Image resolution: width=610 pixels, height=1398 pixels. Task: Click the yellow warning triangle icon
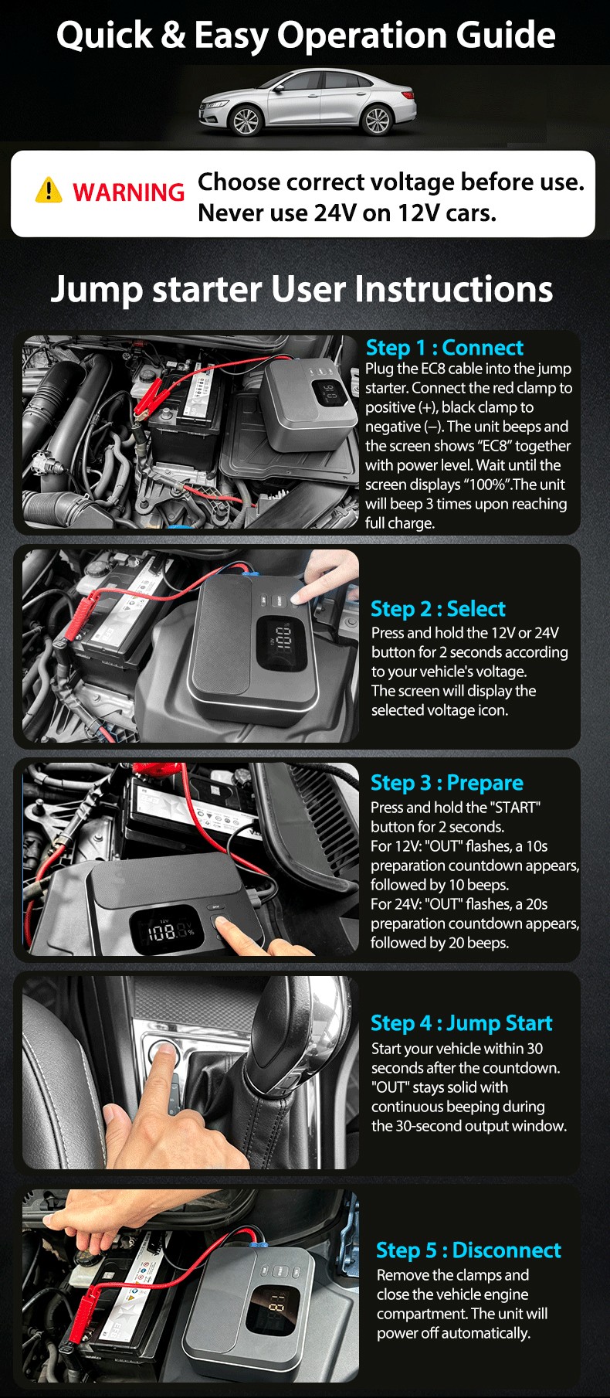(49, 190)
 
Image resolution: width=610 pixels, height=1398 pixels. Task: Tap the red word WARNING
(128, 192)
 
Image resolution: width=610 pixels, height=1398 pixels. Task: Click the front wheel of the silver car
(246, 122)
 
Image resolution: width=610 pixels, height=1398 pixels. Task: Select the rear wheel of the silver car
(377, 121)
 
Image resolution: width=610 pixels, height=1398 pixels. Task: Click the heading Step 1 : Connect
(444, 348)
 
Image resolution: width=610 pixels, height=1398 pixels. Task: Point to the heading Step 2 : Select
(438, 609)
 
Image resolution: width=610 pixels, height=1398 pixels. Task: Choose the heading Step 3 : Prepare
(446, 783)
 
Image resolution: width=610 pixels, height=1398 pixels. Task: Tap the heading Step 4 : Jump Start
(461, 1023)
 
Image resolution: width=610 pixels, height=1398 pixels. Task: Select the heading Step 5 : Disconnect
(468, 1250)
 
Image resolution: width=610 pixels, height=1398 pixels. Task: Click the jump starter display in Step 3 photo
(164, 930)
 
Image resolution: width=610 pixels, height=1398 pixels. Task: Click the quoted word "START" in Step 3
(514, 808)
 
